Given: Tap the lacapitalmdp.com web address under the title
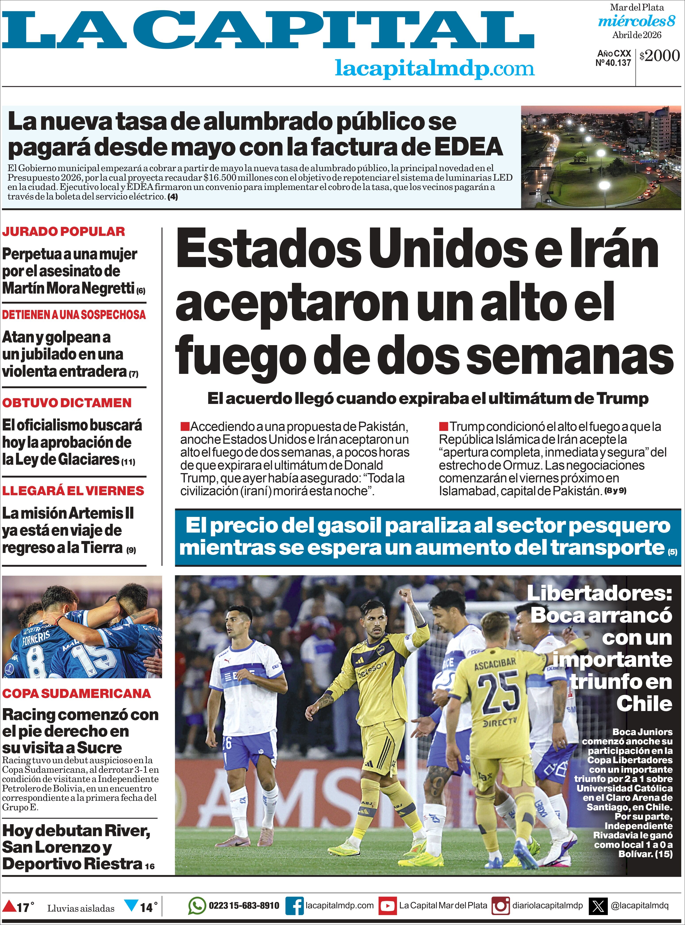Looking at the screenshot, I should (435, 68).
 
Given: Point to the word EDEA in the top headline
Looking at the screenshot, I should (468, 147).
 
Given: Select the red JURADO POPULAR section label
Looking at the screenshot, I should (63, 231).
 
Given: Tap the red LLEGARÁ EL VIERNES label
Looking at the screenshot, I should (73, 490).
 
